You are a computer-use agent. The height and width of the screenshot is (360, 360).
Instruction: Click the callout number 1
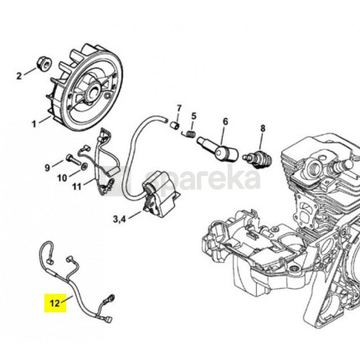[x=34, y=124]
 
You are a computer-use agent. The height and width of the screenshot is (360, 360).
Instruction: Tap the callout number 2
[x=19, y=75]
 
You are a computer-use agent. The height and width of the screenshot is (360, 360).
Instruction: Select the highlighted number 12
[x=55, y=303]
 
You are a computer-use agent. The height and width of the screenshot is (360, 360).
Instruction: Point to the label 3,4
[x=119, y=219]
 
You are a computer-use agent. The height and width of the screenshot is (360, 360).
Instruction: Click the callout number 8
[x=263, y=128]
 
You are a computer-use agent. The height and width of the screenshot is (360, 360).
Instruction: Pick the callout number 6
[x=225, y=121]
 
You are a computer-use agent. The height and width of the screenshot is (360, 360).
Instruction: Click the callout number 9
[x=48, y=167]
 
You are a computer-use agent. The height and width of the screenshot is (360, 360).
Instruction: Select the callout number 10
[x=63, y=177]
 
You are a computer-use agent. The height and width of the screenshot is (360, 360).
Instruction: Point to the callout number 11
[x=76, y=187]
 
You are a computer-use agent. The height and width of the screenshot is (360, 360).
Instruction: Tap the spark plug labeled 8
[x=257, y=159]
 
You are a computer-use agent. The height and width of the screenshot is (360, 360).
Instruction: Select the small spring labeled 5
[x=188, y=134]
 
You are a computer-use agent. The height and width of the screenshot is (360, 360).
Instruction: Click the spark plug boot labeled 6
[x=218, y=149]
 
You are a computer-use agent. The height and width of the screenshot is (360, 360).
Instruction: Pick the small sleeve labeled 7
[x=175, y=125]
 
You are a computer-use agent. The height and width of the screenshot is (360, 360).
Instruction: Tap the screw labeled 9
[x=73, y=159]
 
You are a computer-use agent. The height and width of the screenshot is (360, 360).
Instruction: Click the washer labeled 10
[x=84, y=167]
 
